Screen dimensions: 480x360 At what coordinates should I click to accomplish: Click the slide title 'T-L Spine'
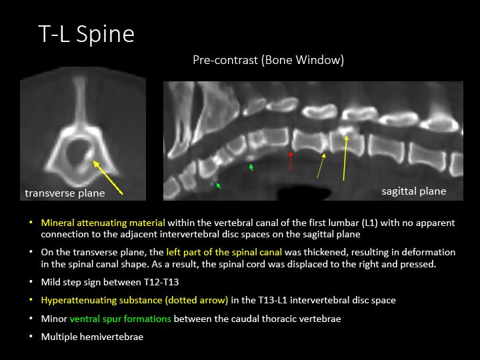[x=86, y=34]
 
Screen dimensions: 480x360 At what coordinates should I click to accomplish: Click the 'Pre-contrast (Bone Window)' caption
[x=269, y=60]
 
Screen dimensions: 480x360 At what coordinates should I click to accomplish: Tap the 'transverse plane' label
[x=65, y=193]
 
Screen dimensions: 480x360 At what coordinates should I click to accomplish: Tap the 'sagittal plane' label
[x=414, y=191]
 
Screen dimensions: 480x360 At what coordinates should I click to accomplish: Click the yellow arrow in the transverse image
[x=108, y=177]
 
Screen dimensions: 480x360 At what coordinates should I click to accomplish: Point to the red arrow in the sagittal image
[x=291, y=161]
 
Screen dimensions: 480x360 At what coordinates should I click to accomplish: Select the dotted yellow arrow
[x=321, y=165]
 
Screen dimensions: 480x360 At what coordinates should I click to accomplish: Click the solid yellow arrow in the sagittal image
[x=345, y=158]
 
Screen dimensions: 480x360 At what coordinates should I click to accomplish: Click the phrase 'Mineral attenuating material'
[x=103, y=223]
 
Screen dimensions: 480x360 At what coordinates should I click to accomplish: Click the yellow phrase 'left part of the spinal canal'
[x=224, y=252]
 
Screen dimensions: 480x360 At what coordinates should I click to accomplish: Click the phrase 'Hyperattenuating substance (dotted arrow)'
[x=135, y=300]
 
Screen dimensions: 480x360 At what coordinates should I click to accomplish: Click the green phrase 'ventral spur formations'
[x=120, y=319]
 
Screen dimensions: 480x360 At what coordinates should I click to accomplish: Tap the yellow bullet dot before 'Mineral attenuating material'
[x=31, y=223]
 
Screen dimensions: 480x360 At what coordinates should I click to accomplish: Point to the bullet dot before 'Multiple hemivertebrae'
[x=31, y=337]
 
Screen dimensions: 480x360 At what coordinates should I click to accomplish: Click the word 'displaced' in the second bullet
[x=247, y=264]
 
